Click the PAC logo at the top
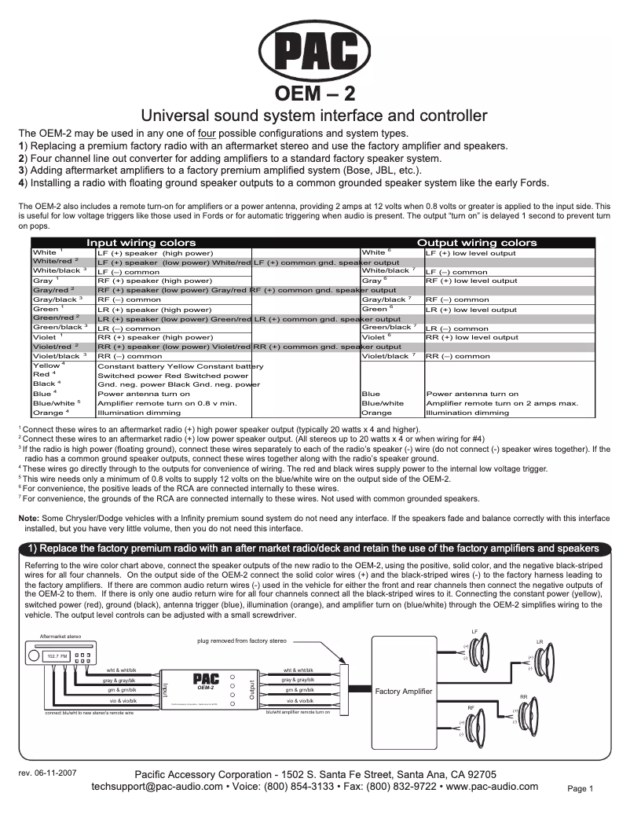click(314, 53)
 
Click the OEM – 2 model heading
click(314, 94)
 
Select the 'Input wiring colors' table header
click(141, 243)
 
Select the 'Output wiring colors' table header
click(477, 243)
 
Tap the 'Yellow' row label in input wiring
click(47, 365)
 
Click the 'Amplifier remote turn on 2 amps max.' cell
click(501, 403)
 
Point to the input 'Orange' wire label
click(48, 413)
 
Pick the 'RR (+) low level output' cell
click(471, 337)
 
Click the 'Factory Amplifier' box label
click(403, 692)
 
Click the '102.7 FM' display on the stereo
click(56, 655)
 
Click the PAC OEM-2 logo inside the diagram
click(205, 681)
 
